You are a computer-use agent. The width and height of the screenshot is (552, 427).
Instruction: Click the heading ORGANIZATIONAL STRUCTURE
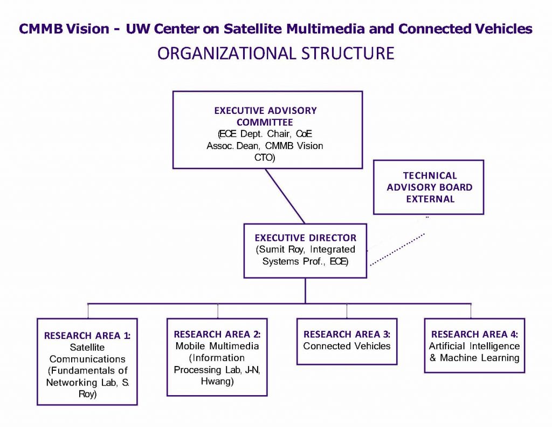[275, 54]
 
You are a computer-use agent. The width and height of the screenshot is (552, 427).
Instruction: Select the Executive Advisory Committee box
[267, 130]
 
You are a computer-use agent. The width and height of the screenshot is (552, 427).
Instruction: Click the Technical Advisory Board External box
[429, 187]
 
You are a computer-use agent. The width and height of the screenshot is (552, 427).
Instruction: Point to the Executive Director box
[305, 250]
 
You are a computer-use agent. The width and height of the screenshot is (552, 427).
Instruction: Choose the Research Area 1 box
[87, 361]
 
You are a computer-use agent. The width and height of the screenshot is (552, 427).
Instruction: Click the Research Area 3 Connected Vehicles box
[347, 341]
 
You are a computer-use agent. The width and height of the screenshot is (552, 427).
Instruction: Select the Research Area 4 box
[474, 345]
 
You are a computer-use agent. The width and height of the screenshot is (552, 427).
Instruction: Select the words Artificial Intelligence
[474, 346]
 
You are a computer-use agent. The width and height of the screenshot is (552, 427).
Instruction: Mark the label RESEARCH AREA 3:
[347, 334]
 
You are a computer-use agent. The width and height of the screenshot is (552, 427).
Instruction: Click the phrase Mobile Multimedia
[217, 347]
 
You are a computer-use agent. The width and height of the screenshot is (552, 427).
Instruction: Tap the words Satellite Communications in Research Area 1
[87, 353]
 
